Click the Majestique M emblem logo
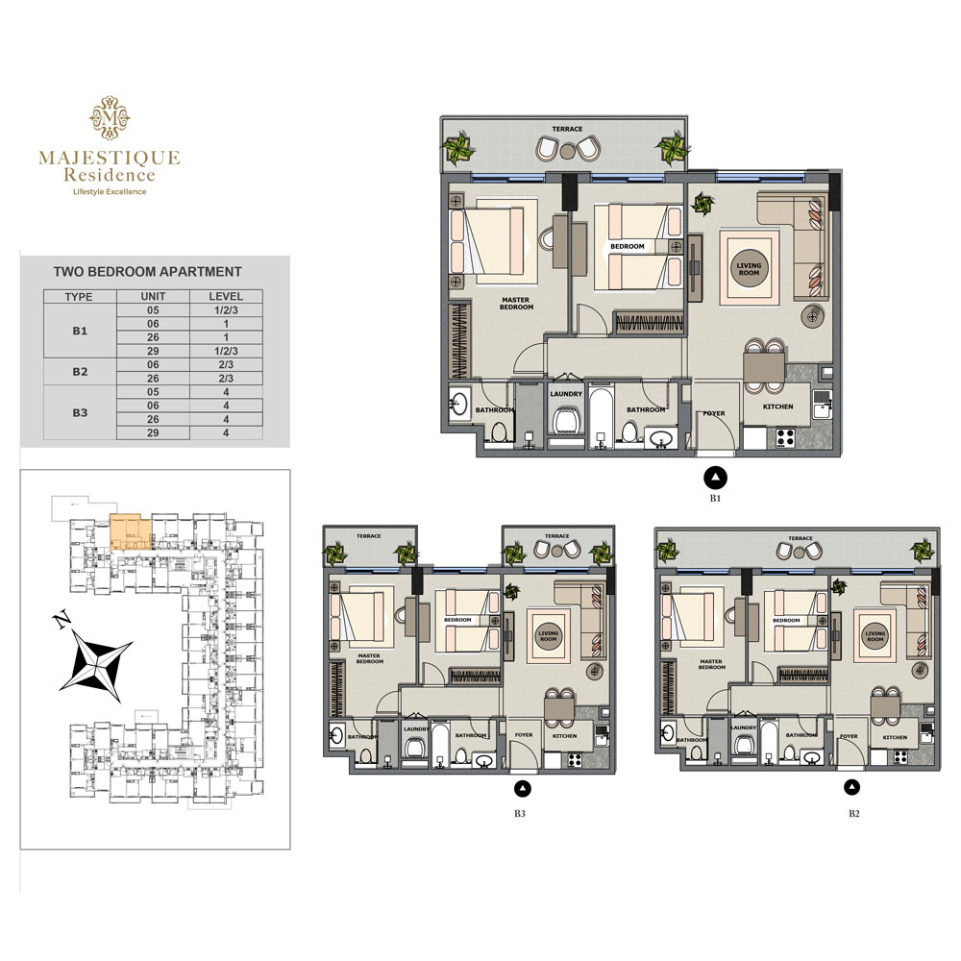point(110,118)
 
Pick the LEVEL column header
point(226,296)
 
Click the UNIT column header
point(154,296)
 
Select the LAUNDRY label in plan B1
point(566,394)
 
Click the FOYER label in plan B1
point(713,413)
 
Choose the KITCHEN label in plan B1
point(778,407)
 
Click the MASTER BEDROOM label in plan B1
point(516,303)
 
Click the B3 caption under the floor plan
point(520,814)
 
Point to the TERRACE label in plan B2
point(800,539)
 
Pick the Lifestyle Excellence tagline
point(110,191)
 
